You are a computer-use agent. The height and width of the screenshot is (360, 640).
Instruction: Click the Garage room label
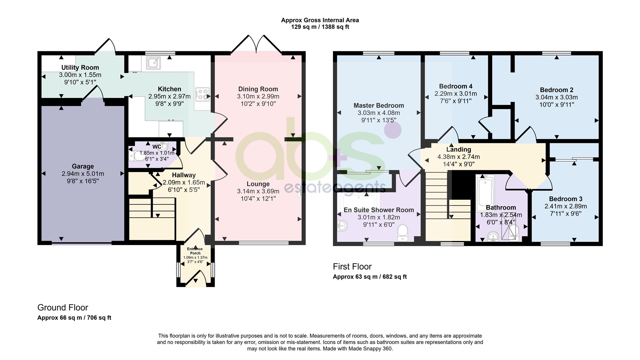83,166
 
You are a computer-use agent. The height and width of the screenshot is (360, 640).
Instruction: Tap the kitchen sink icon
153,62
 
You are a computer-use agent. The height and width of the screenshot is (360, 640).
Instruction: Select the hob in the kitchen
202,94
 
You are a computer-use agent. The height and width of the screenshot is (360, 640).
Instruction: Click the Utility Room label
80,68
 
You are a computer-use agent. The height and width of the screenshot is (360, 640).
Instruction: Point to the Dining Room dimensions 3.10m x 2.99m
258,96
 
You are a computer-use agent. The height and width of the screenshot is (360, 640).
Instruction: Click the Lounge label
258,184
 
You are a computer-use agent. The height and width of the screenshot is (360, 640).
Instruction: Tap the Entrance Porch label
195,251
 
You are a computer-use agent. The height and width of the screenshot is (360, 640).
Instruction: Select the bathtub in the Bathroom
482,192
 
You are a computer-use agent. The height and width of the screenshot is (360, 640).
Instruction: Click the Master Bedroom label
379,106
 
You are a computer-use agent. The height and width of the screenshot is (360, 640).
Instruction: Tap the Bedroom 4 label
455,86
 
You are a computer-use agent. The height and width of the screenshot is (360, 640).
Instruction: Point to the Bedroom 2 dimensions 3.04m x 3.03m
556,97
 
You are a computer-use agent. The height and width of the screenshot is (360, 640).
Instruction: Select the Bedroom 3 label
566,199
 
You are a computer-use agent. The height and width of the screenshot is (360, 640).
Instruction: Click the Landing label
458,150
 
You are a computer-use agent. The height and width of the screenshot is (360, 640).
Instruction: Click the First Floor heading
352,267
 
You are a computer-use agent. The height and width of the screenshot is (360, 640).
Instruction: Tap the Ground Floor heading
63,308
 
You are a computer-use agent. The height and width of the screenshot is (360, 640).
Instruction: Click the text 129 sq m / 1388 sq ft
320,27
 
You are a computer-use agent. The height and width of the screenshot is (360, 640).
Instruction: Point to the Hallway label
184,175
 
